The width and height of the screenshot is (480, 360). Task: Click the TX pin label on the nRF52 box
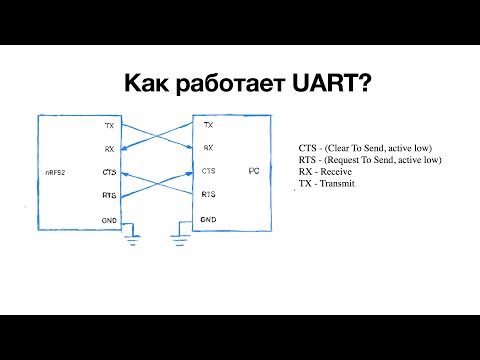(109, 126)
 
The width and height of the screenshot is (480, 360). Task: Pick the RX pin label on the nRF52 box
(109, 148)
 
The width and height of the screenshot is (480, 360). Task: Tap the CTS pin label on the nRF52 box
(109, 172)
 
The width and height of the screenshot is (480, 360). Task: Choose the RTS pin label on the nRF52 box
(109, 195)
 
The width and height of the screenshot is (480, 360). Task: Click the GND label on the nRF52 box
(109, 219)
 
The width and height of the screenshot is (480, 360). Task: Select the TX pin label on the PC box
(208, 126)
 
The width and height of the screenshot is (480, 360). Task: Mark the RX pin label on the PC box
(208, 148)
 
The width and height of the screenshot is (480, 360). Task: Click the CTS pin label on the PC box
(208, 172)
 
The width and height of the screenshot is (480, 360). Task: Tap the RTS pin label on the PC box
(208, 195)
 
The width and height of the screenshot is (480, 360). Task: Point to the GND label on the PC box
(208, 219)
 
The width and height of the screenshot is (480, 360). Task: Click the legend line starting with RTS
(369, 159)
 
